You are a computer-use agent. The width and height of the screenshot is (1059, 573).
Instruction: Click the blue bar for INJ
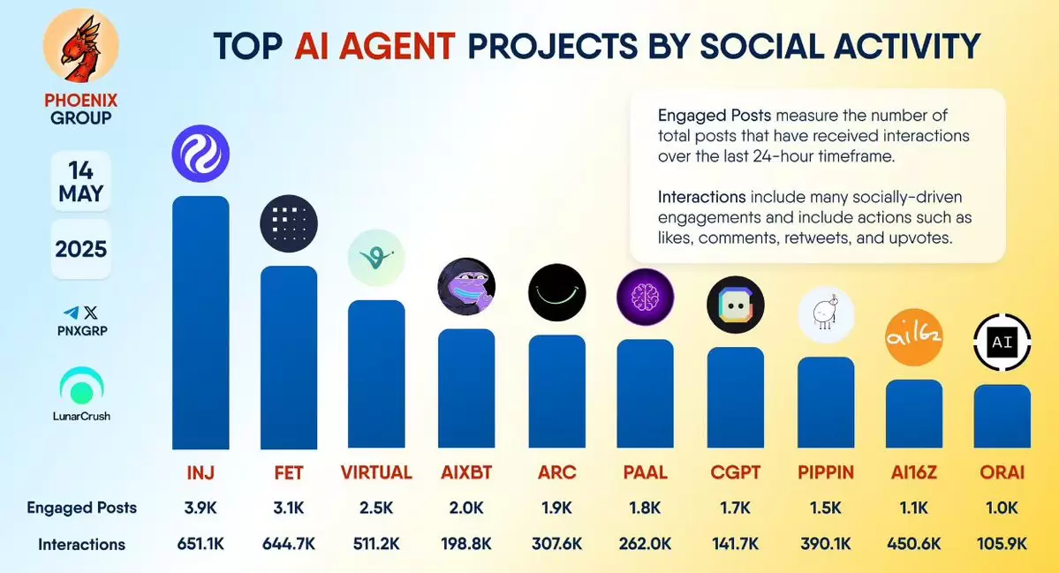[x=200, y=322]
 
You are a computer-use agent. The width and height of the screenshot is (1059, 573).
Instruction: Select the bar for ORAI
[x=1002, y=417]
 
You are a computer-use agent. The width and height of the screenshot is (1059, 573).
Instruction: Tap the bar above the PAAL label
[x=645, y=394]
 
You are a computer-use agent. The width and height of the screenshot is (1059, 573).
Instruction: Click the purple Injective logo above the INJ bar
[x=200, y=154]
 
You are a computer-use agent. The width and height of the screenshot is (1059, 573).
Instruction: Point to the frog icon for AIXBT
[x=466, y=286]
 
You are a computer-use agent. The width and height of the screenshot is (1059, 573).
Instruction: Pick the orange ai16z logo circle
[x=914, y=336]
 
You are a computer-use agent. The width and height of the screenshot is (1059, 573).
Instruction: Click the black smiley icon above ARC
[x=557, y=292]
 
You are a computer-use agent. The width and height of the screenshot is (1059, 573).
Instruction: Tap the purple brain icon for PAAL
[x=645, y=297]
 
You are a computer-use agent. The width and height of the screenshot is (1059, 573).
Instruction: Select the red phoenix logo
[x=81, y=46]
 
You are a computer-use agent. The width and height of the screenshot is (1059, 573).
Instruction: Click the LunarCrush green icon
[x=82, y=386]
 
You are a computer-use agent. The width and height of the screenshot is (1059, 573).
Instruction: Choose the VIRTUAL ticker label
[x=376, y=472]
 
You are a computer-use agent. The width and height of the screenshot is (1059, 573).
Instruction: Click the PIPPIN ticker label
[x=825, y=472]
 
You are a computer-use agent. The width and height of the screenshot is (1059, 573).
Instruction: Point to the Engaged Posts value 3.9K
[x=200, y=508]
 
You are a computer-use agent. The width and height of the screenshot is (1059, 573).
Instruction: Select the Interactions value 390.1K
[x=825, y=543]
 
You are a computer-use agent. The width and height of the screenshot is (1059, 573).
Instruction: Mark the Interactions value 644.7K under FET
[x=289, y=543]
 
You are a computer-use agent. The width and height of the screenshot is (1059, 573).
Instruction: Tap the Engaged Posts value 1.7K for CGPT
[x=736, y=508]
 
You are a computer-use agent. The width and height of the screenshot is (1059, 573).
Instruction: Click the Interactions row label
[x=82, y=544]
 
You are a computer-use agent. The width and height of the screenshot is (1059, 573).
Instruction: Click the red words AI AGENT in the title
[x=374, y=47]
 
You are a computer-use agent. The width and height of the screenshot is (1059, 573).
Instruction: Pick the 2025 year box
[x=81, y=249]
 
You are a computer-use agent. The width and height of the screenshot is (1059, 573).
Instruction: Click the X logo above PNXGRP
[x=90, y=313]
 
